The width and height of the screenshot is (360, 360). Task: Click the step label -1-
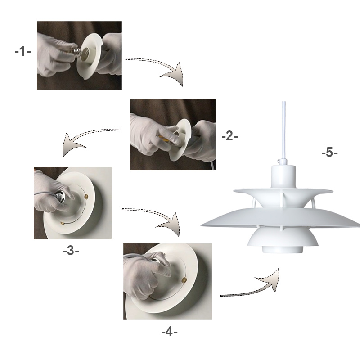(22, 51)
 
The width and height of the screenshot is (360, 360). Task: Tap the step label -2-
(229, 135)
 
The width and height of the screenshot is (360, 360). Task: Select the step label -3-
(71, 251)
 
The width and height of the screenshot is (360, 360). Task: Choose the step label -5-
(329, 153)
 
